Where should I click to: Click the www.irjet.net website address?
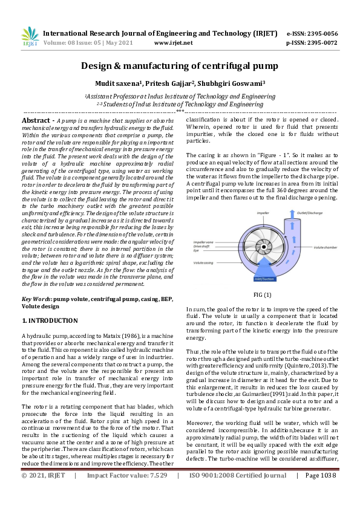click(x=174, y=43)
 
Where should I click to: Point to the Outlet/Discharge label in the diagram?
click(x=309, y=213)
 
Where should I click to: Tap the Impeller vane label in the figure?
click(x=204, y=241)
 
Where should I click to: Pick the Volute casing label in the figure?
click(x=203, y=263)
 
